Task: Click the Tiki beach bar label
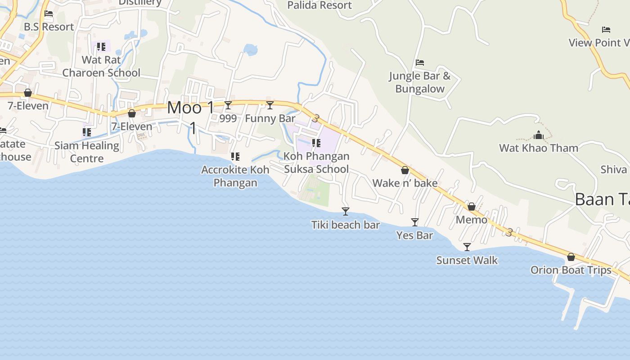tap(345, 225)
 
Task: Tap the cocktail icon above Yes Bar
tap(415, 222)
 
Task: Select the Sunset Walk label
tap(467, 260)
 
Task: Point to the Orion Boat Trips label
tap(571, 270)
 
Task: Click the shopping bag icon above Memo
tap(472, 207)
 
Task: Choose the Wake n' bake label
tap(405, 183)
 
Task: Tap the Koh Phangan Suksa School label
tap(316, 162)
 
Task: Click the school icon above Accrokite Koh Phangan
tap(235, 157)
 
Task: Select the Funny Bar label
tap(270, 118)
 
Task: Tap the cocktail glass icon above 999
tap(228, 105)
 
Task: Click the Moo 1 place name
tap(191, 108)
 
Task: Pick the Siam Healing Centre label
tap(87, 152)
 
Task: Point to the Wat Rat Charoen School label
tap(101, 66)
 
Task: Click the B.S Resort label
tap(49, 27)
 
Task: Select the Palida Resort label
tap(319, 5)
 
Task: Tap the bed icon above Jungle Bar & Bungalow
tap(420, 63)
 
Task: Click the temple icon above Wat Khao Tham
tap(538, 135)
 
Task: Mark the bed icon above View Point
tap(606, 30)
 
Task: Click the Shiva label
tap(614, 169)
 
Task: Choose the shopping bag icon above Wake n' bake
tap(405, 170)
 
